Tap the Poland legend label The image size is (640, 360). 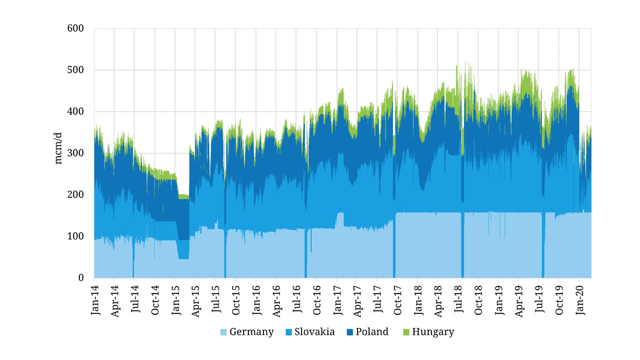coord(372,332)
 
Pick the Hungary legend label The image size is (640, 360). coord(433,332)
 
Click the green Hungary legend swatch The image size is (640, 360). coord(404,332)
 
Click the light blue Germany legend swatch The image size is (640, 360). coord(223,332)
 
